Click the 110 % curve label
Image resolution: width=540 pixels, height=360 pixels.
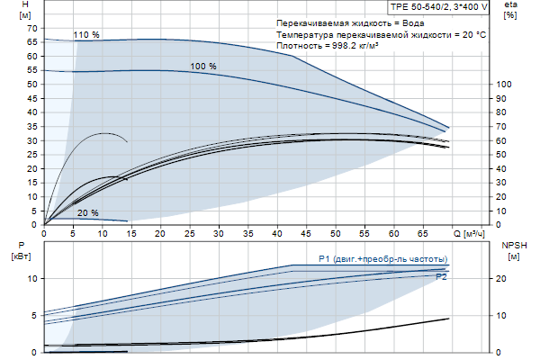[86, 35]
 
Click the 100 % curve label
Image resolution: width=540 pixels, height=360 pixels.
[203, 67]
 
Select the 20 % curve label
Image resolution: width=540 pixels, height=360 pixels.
[87, 213]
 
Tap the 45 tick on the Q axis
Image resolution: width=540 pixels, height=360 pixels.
[307, 233]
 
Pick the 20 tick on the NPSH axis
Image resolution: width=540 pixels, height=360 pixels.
[501, 279]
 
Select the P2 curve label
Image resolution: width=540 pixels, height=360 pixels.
[441, 277]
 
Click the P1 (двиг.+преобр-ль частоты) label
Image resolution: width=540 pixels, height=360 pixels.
[382, 260]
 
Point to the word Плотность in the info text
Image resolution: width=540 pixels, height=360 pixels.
[300, 45]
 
